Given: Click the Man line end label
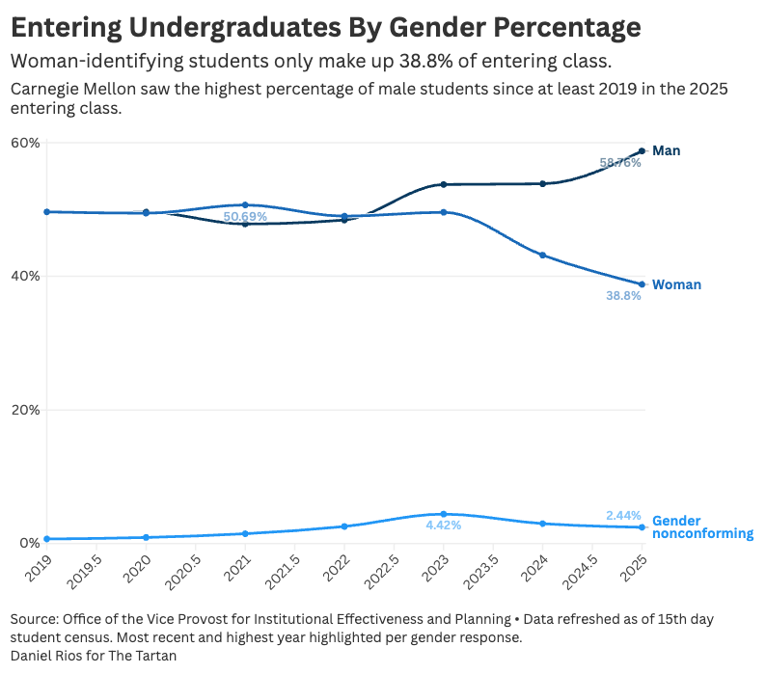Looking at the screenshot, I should pos(666,150).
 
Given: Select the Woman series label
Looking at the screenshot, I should pos(676,284).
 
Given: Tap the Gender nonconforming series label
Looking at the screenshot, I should pos(702,526).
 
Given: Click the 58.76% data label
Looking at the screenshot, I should pos(620,163).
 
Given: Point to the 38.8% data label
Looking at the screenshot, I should pos(623,296).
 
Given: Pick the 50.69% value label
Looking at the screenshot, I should pos(245,217).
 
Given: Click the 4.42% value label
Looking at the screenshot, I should pos(443,526).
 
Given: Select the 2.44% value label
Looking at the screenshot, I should pos(623,516).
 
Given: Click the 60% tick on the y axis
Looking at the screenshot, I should pos(25,143).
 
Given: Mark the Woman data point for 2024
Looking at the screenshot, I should pos(542,255).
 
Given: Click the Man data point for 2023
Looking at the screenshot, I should pos(443,184).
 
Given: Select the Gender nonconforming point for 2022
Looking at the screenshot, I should pos(344,526).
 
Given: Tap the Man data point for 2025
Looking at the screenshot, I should pos(642,151).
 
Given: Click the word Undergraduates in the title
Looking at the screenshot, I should pos(243,27).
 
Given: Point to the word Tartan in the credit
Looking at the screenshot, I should pos(156,656).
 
